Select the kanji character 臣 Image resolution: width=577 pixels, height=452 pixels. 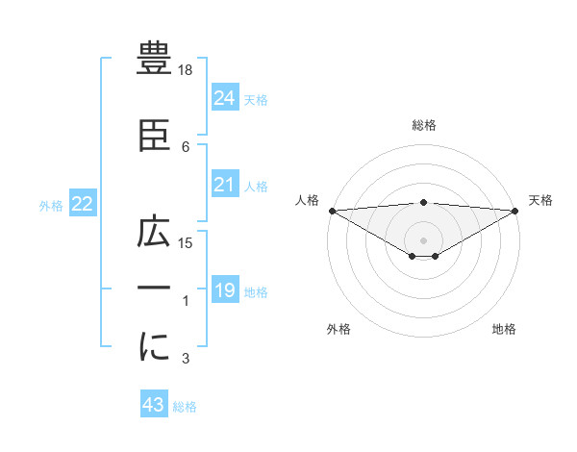pos(155,136)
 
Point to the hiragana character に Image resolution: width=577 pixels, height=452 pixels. pos(155,348)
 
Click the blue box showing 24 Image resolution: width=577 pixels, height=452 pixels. pos(224,98)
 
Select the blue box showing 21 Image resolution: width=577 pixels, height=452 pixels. pos(224,185)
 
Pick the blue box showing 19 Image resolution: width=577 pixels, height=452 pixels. pos(224,290)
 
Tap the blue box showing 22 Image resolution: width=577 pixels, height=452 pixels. pos(82,204)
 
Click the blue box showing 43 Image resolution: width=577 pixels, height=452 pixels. pos(154,406)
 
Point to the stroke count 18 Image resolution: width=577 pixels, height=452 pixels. pos(186,70)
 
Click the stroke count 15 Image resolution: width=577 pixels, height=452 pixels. pos(186,242)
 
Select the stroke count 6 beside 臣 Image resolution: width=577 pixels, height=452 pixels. pos(186,146)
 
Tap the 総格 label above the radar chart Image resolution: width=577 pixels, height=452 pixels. pos(424,125)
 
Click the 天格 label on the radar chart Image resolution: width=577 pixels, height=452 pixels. pos(540,200)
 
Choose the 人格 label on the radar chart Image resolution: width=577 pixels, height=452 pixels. pos(307,200)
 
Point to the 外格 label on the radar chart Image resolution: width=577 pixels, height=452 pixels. pos(339,330)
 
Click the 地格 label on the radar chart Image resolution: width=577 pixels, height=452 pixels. pos(504,330)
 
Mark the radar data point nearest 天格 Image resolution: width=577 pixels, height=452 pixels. pos(515,210)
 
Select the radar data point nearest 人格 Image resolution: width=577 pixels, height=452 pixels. pos(332,210)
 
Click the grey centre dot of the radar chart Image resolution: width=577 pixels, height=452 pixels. pos(424,239)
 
